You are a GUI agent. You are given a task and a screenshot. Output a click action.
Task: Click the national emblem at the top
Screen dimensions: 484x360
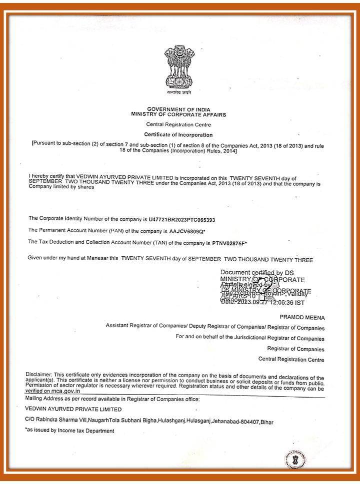coord(179,69)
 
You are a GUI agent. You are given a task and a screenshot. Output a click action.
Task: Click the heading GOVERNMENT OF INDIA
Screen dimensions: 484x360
coord(178,109)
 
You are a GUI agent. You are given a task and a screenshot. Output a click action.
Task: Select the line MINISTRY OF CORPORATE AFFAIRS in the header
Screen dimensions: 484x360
coord(178,114)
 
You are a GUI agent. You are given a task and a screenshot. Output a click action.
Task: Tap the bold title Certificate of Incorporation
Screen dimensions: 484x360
coord(178,135)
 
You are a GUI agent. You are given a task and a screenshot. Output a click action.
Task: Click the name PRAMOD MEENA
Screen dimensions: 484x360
coord(302,318)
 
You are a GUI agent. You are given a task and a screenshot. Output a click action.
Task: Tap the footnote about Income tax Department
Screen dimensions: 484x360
coord(69,431)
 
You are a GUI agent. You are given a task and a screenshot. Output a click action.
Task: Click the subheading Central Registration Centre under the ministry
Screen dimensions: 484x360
coord(178,124)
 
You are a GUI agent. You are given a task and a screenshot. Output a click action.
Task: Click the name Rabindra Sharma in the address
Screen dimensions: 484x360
coord(55,421)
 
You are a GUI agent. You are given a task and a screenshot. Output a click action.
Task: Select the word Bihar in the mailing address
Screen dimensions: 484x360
coord(266,421)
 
